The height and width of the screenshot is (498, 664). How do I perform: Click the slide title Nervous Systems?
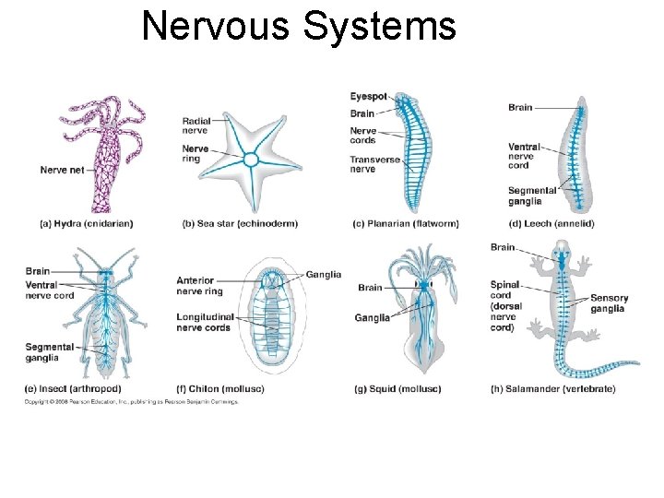point(299,27)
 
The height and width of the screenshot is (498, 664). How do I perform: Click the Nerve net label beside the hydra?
point(62,170)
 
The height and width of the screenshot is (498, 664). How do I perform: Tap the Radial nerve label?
point(196,125)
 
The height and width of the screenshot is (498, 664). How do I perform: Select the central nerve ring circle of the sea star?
point(250,160)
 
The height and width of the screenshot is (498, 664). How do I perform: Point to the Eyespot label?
point(368,97)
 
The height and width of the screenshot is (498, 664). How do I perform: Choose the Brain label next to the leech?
point(520,108)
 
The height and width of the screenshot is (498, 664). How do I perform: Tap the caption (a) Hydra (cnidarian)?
point(87,224)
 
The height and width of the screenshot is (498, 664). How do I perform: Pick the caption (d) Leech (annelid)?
point(551,224)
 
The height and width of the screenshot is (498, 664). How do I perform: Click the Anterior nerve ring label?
point(199,286)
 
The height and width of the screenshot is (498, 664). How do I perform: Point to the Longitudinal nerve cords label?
point(204,322)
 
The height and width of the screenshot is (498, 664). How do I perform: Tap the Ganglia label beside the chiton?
point(324,274)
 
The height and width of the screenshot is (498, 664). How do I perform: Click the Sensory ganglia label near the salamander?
point(609,303)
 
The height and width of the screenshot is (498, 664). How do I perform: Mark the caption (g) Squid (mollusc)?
point(397,389)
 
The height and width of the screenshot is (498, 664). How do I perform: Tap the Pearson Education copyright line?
point(131,402)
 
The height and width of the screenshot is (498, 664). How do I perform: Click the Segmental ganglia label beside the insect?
point(42,352)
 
